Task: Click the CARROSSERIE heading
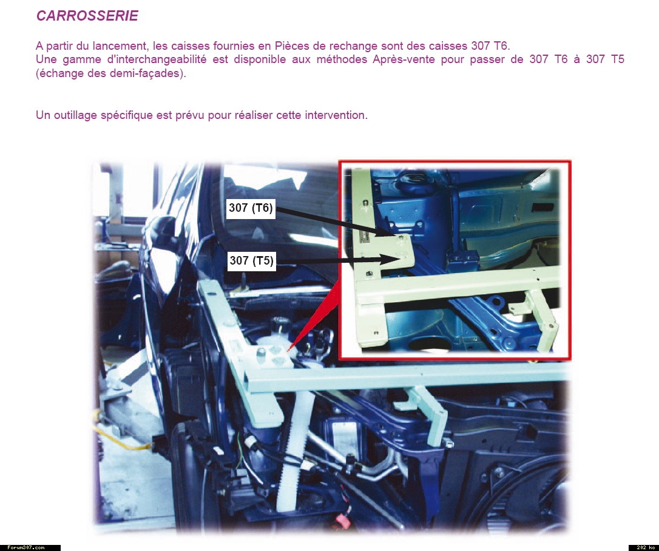click(x=87, y=16)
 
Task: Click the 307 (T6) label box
click(x=251, y=208)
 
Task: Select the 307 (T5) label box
click(x=251, y=260)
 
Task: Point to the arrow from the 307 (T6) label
click(x=335, y=221)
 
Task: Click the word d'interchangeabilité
click(x=157, y=59)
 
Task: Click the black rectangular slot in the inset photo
click(x=542, y=207)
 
